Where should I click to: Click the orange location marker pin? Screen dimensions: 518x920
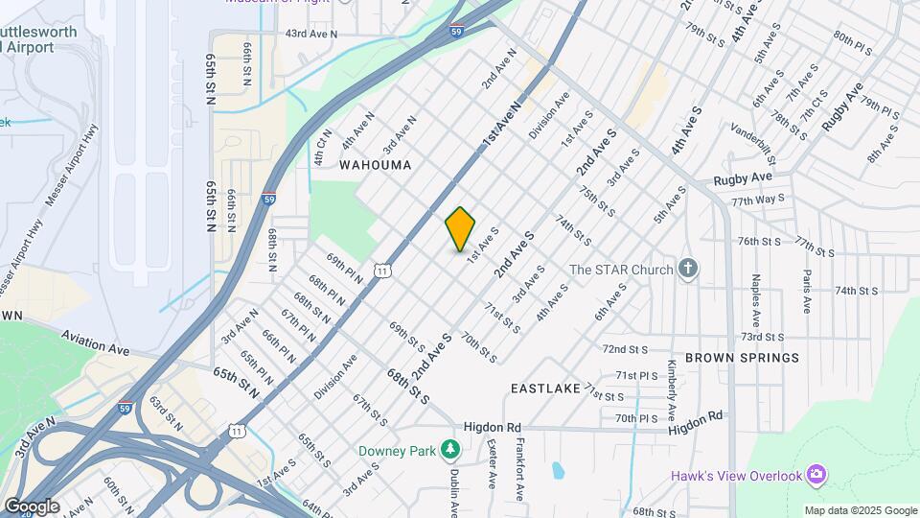[460, 229]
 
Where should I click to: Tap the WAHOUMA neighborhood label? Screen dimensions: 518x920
[376, 165]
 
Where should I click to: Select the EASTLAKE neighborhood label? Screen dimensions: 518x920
[545, 388]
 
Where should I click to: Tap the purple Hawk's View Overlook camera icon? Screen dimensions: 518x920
[816, 474]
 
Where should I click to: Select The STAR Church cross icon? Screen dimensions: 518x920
[687, 270]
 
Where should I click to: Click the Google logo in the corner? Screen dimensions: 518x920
[32, 506]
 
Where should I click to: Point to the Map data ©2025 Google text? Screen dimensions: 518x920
[860, 510]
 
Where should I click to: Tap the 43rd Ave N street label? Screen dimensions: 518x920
[311, 34]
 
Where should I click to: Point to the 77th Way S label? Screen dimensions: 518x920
[757, 200]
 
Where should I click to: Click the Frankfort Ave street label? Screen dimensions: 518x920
[518, 468]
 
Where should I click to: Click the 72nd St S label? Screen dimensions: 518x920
[626, 349]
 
